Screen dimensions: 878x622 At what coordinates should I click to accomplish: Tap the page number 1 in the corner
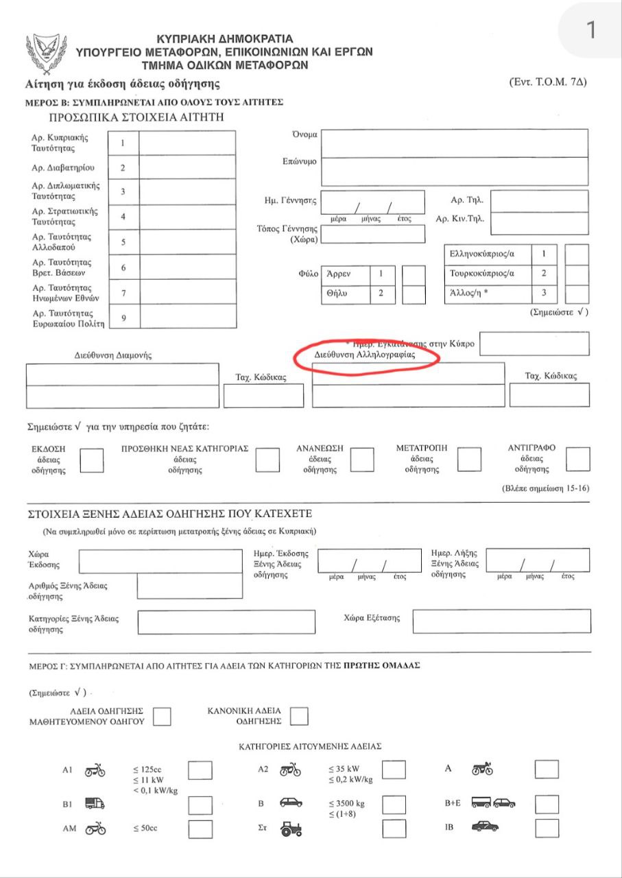(591, 31)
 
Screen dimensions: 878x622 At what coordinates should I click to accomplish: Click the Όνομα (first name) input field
(454, 143)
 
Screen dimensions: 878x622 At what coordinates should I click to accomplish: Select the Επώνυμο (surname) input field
(454, 171)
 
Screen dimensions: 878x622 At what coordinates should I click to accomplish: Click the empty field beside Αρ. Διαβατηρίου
(187, 167)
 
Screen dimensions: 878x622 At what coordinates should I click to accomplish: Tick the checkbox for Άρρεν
(414, 274)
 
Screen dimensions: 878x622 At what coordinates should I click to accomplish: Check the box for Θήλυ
(414, 294)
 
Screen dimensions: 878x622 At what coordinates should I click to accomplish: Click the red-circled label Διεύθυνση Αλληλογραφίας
(365, 356)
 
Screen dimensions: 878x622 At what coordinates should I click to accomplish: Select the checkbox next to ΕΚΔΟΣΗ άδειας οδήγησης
(92, 460)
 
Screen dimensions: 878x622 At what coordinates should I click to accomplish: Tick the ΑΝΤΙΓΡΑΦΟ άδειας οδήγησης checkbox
(578, 459)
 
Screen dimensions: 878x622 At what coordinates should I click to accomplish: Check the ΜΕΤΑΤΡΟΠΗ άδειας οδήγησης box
(469, 459)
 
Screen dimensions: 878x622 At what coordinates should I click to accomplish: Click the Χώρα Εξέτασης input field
(501, 621)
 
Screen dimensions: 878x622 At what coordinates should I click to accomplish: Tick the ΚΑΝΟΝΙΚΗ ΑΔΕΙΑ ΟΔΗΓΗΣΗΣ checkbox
(299, 716)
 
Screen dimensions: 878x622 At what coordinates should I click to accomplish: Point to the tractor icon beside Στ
(291, 829)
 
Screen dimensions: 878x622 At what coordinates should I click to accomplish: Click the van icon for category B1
(95, 803)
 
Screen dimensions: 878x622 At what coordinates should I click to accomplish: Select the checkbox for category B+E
(547, 804)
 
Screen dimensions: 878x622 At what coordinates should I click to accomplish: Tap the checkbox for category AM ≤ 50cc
(200, 829)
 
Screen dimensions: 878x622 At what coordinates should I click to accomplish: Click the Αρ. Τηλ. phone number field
(540, 202)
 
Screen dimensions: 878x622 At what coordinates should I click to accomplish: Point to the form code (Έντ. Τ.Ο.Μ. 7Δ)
(548, 82)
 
